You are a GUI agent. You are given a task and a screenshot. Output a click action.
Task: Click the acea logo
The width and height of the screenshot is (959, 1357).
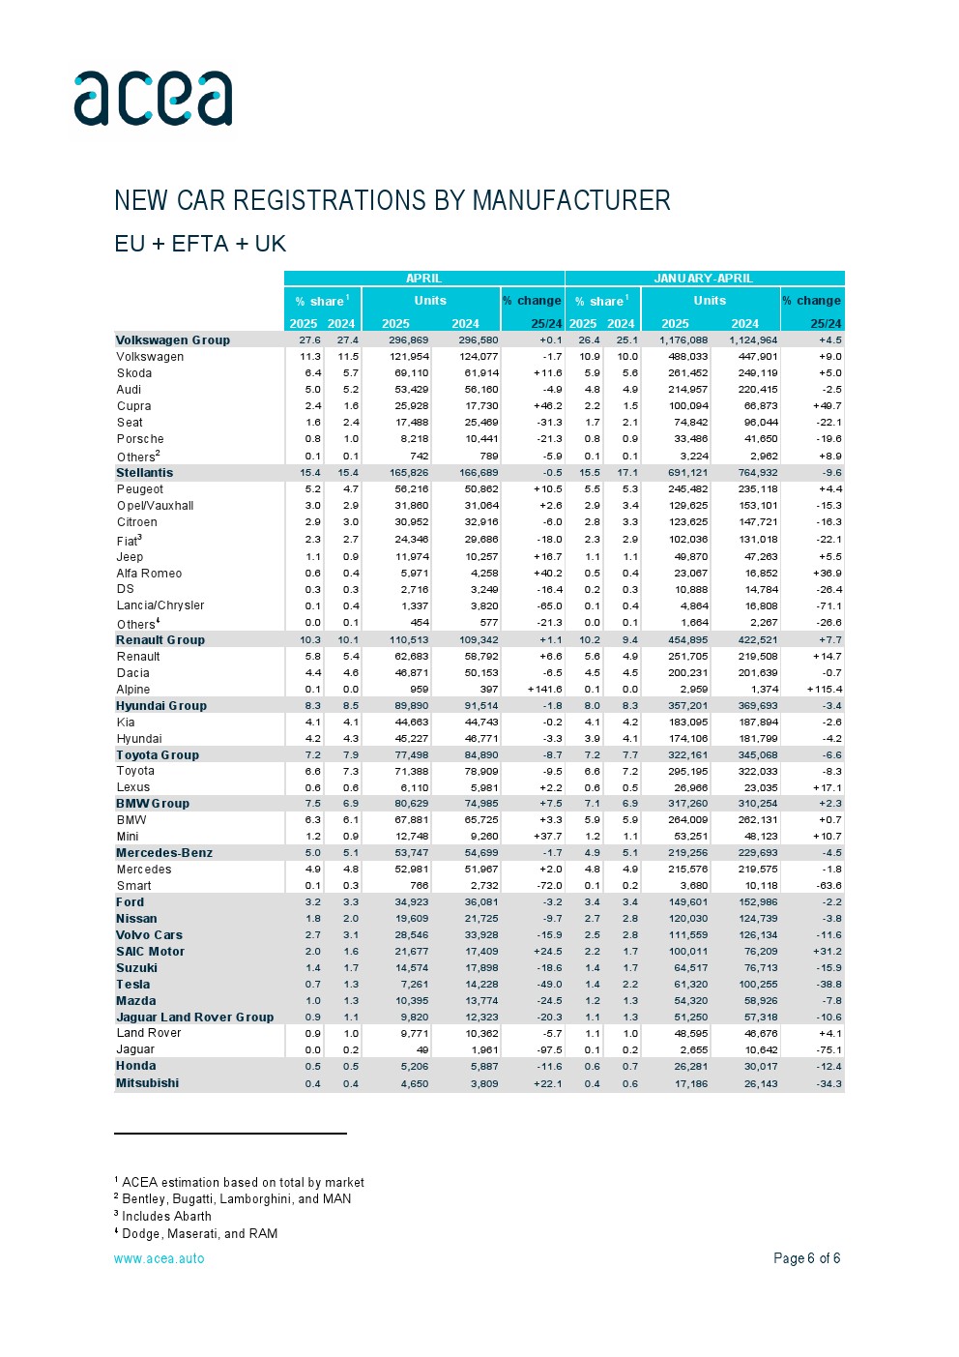[153, 99]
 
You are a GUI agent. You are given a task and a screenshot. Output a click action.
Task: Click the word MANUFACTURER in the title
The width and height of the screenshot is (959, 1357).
[571, 200]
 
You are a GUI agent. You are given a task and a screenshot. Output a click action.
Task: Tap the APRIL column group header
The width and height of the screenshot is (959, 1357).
[423, 279]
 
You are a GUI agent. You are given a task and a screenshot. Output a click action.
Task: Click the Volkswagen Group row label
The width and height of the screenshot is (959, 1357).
[173, 340]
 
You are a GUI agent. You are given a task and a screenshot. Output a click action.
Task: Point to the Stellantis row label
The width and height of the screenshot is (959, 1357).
[145, 473]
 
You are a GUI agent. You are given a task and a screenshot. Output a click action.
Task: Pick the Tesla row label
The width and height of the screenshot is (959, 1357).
[133, 985]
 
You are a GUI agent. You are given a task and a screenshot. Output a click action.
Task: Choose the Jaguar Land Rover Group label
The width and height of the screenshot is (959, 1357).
[194, 1018]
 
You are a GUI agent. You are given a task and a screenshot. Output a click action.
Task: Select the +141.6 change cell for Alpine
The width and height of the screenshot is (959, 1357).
[545, 690]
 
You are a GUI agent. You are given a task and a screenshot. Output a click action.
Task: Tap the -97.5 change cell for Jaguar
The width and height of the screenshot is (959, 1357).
[549, 1049]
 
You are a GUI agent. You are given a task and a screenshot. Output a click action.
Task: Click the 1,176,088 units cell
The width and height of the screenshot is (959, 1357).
[683, 340]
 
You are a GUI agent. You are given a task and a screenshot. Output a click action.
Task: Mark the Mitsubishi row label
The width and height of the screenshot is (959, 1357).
[147, 1083]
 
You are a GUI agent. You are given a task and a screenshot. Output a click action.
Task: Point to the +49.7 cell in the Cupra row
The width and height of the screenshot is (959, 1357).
[827, 406]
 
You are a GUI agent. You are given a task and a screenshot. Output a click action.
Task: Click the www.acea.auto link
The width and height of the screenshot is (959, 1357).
[160, 1258]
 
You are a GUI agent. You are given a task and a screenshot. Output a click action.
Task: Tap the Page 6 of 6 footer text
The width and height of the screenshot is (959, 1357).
[806, 1258]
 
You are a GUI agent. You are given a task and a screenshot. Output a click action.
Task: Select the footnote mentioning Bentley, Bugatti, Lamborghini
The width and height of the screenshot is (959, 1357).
[236, 1199]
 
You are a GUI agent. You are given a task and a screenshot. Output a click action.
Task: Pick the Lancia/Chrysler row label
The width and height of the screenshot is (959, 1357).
[160, 605]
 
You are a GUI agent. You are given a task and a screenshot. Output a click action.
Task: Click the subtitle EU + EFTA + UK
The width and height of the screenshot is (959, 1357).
[200, 244]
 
